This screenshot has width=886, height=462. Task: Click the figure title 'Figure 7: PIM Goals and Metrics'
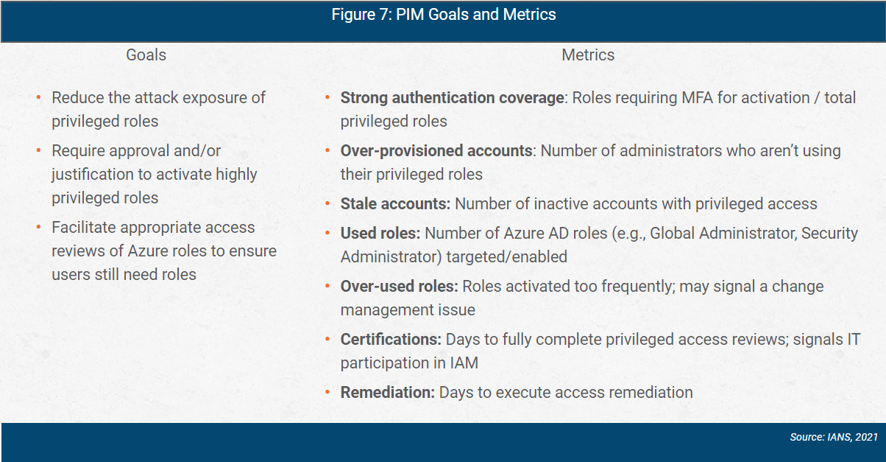[x=443, y=15]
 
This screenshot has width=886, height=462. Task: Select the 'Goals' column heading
[x=146, y=55]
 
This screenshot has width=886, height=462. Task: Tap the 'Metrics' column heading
[x=588, y=55]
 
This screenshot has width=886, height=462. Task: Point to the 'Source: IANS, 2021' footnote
[x=834, y=437]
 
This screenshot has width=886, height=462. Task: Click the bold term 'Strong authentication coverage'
[x=452, y=97]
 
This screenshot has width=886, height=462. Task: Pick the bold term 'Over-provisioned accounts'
[x=436, y=150]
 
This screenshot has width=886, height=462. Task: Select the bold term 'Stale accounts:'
[x=396, y=203]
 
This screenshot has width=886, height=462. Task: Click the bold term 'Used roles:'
[x=380, y=233]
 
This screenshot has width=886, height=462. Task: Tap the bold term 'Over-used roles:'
[x=400, y=286]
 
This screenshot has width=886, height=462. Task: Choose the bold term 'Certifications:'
[x=391, y=339]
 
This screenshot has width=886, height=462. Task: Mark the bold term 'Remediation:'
[x=388, y=392]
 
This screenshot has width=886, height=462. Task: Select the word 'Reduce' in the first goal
[x=77, y=97]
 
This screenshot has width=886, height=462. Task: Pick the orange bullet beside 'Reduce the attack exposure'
[x=38, y=97]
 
